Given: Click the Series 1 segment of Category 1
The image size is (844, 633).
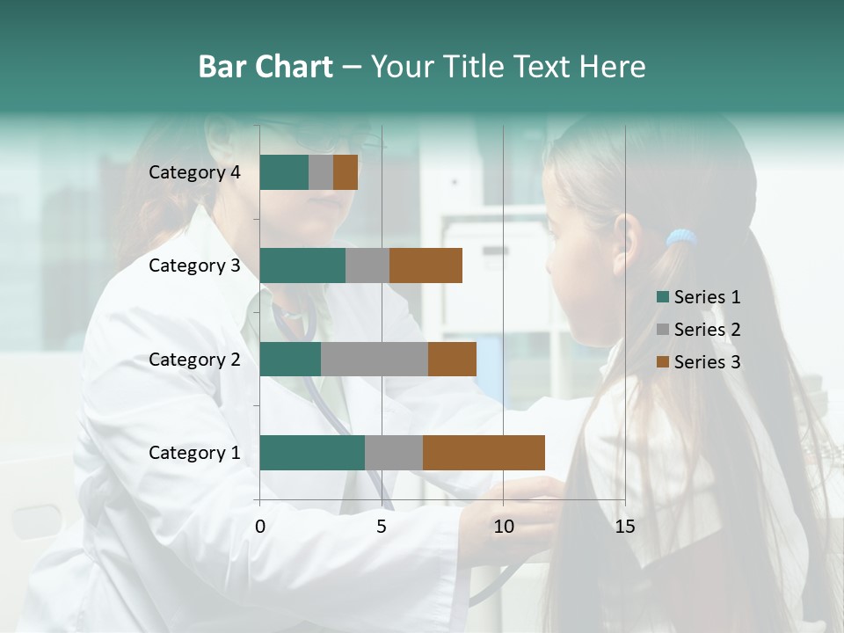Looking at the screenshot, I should click(312, 453).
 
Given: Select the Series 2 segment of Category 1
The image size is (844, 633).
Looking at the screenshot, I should click(394, 453).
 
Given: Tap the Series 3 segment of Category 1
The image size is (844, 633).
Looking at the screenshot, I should click(484, 453).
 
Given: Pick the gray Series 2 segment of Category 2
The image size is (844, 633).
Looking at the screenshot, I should click(375, 359).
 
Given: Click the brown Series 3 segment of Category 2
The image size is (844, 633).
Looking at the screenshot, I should click(452, 359).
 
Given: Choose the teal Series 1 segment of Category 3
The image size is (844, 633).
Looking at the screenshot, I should click(302, 266).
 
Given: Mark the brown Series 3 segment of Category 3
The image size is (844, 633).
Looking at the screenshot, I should click(426, 266).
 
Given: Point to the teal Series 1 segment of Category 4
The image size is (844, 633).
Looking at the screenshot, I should click(284, 172).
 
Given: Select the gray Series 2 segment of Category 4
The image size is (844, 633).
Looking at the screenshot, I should click(321, 172).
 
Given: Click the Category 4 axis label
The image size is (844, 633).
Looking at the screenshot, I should click(194, 172).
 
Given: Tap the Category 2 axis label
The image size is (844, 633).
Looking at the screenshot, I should click(194, 359).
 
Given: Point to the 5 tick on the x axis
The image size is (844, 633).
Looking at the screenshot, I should click(382, 527).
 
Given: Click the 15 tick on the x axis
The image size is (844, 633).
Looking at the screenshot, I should click(624, 527).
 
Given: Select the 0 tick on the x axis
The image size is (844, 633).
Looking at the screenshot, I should click(260, 527).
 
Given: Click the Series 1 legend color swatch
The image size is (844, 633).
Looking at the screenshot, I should click(662, 297).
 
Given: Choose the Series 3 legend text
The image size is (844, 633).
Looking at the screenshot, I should click(707, 361).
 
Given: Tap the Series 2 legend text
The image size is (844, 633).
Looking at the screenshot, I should click(707, 330).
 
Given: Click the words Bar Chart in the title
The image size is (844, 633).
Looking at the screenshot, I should click(266, 67).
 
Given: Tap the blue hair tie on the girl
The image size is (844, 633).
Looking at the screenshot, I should click(681, 237).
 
